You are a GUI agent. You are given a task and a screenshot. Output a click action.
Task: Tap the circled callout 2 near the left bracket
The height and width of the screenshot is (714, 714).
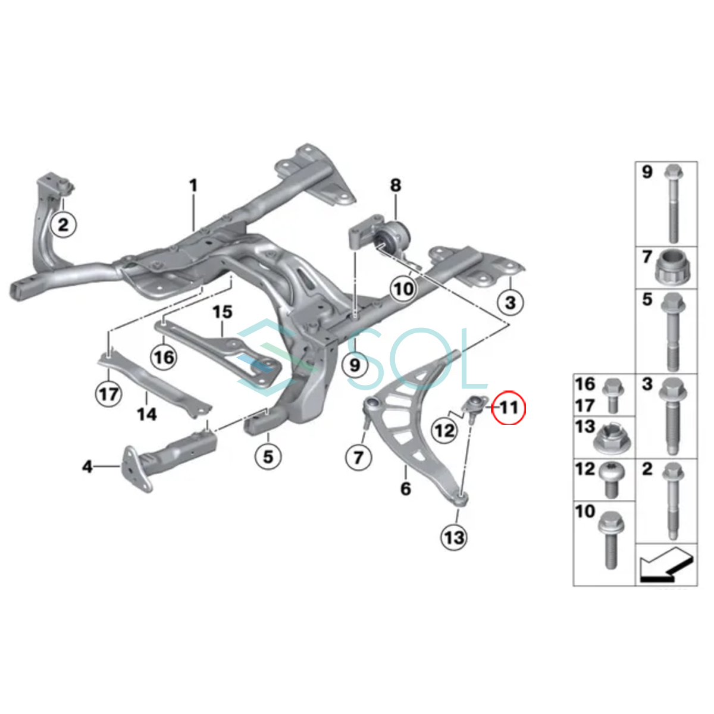tap(63, 226)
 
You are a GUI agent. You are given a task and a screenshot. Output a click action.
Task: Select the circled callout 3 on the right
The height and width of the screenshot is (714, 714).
tap(510, 302)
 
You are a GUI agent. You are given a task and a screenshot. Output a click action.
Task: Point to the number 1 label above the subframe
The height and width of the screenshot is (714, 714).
tap(193, 186)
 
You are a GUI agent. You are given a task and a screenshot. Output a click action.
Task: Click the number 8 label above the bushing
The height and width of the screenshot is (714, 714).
tap(396, 185)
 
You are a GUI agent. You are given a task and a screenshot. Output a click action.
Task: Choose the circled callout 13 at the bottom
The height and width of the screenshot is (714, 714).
tap(453, 538)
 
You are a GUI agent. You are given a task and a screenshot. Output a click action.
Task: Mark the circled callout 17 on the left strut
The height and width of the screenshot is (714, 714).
tap(109, 393)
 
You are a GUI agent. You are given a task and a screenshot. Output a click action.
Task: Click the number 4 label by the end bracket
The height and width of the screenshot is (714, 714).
tap(87, 467)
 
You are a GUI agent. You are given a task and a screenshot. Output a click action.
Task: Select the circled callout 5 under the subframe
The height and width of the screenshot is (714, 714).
tap(268, 456)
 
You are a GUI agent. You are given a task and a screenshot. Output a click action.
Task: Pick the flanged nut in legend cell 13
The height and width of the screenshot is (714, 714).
tap(613, 439)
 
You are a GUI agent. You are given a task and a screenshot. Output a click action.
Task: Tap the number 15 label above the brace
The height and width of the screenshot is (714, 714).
tap(223, 312)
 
